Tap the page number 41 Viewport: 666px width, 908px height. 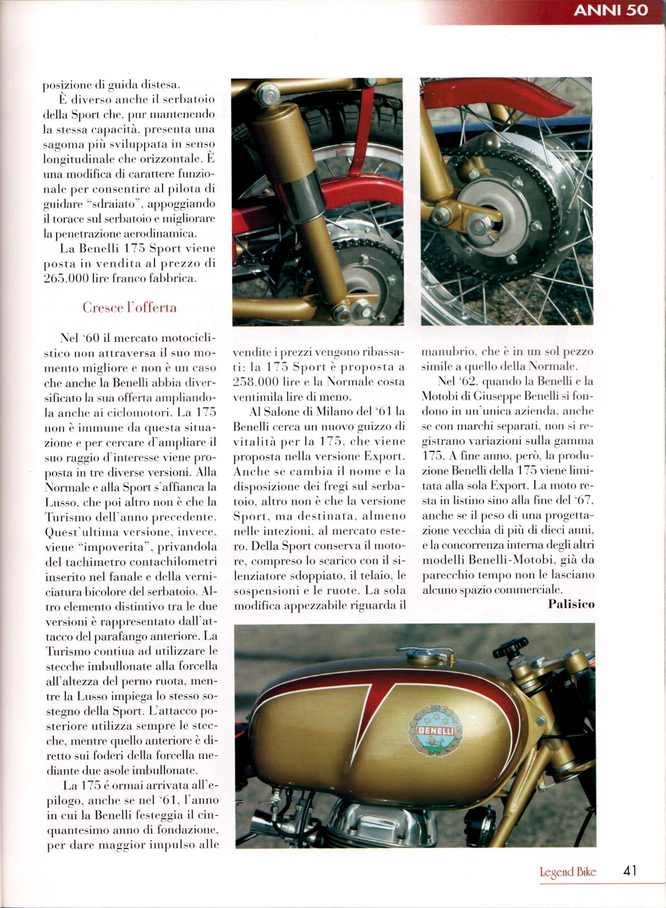coord(630,871)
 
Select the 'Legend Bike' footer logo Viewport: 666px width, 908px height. coord(568,872)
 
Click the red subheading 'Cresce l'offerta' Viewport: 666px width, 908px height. coord(130,308)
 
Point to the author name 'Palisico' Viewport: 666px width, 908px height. coord(571,604)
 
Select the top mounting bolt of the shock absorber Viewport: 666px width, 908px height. coord(270,96)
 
